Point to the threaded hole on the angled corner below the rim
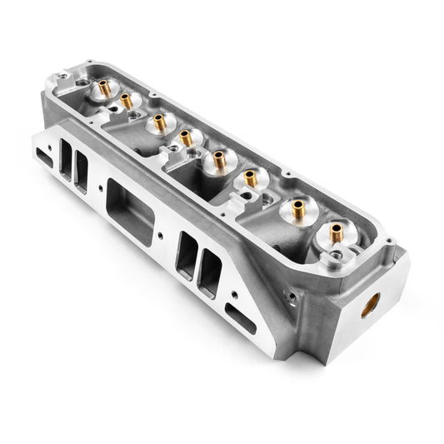click(291, 295)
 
